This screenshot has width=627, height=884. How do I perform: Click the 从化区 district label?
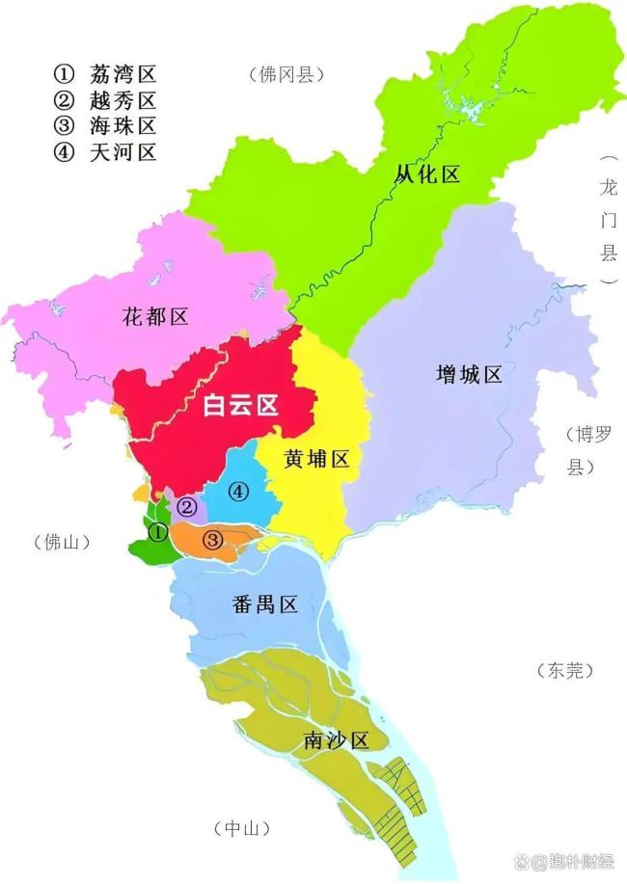tap(428, 174)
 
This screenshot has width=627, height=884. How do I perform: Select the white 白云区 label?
tap(240, 406)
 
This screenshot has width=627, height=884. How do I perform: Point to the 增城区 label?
tap(469, 375)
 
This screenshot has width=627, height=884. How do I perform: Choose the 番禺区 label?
tap(263, 604)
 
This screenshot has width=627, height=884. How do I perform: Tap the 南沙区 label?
tap(336, 740)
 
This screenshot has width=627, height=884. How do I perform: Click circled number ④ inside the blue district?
tap(238, 492)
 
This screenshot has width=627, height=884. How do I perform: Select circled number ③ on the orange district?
tap(214, 539)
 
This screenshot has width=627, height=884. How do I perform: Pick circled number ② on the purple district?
tap(189, 506)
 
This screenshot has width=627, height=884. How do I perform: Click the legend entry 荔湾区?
tap(122, 73)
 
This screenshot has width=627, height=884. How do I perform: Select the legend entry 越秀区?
tap(122, 99)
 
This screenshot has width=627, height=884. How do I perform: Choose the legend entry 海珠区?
tap(122, 125)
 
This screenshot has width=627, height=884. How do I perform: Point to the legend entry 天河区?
tap(122, 151)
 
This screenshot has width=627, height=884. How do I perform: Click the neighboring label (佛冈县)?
tap(286, 74)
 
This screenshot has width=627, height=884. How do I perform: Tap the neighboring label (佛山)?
tap(54, 542)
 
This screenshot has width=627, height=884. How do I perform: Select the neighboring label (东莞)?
tap(564, 670)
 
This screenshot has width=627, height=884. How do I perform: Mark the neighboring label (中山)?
tap(240, 828)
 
